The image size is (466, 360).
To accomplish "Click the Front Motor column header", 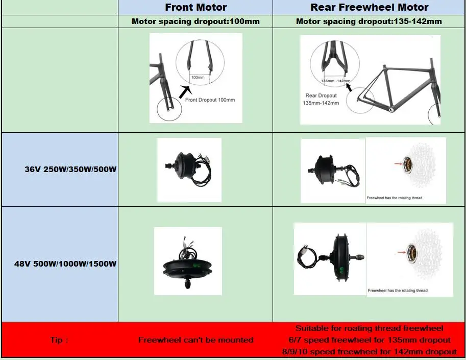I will click(195, 7).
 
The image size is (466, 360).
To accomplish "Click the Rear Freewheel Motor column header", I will click(370, 7).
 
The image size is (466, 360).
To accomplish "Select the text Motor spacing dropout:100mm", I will click(195, 21).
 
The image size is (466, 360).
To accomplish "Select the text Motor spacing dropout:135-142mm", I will click(369, 21).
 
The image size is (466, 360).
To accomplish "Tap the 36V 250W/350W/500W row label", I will click(70, 169).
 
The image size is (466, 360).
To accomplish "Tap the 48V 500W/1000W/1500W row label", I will click(65, 264).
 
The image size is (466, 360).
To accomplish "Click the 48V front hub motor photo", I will click(188, 261).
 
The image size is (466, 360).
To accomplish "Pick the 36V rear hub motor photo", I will click(332, 170).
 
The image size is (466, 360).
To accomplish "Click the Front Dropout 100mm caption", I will click(210, 100).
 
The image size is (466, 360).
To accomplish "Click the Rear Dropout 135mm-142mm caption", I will click(322, 99).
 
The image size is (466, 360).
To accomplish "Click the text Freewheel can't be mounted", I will click(195, 340).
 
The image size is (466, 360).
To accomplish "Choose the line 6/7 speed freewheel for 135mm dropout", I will click(370, 340).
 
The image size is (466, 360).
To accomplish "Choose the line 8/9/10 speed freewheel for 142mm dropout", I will click(370, 351).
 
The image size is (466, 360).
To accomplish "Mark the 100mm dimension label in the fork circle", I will click(197, 78).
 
